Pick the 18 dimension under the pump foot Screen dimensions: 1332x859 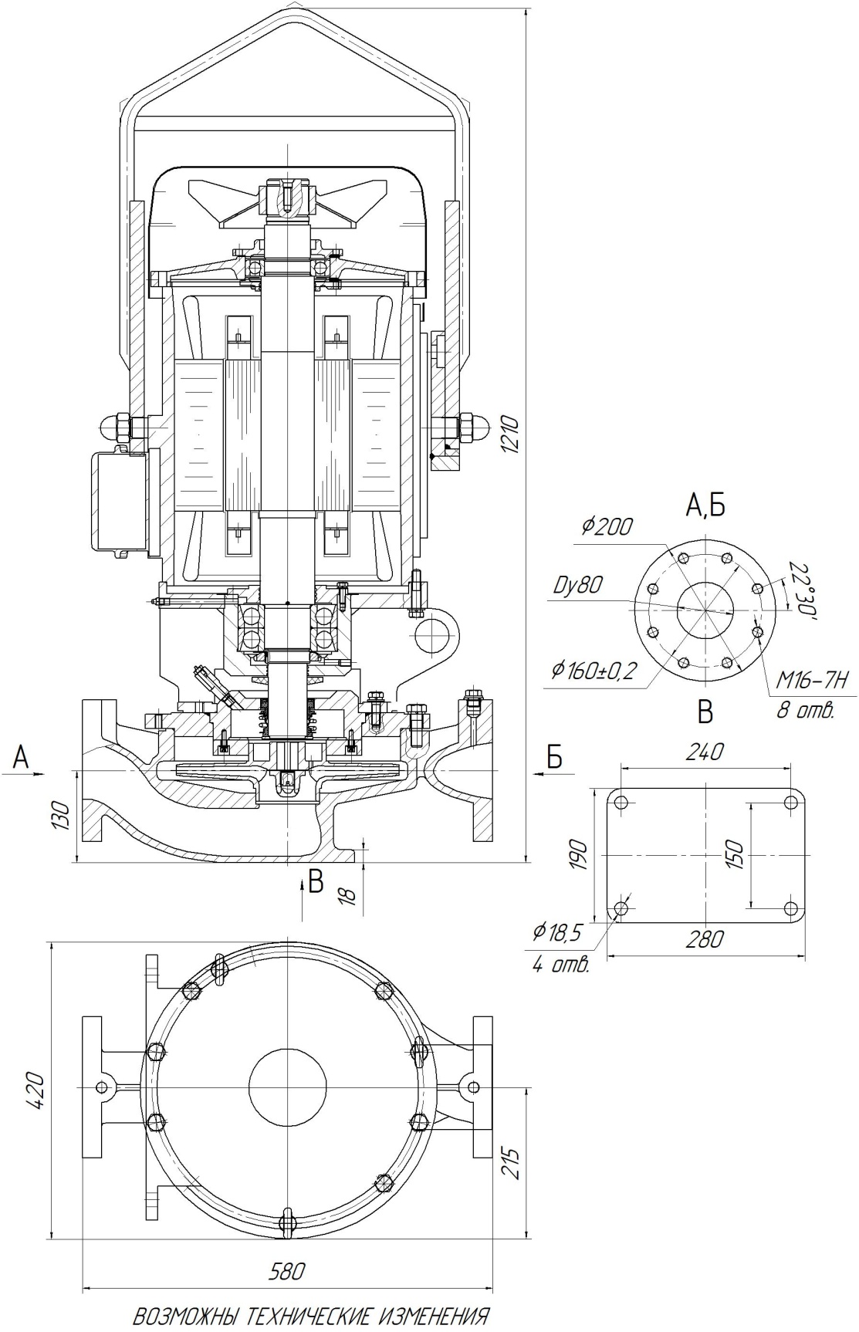(348, 895)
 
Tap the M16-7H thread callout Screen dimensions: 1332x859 (811, 680)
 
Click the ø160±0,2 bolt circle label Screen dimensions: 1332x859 (593, 670)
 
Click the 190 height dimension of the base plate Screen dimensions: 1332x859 (580, 855)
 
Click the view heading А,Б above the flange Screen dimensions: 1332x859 (705, 505)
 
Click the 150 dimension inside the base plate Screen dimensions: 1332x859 (735, 855)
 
